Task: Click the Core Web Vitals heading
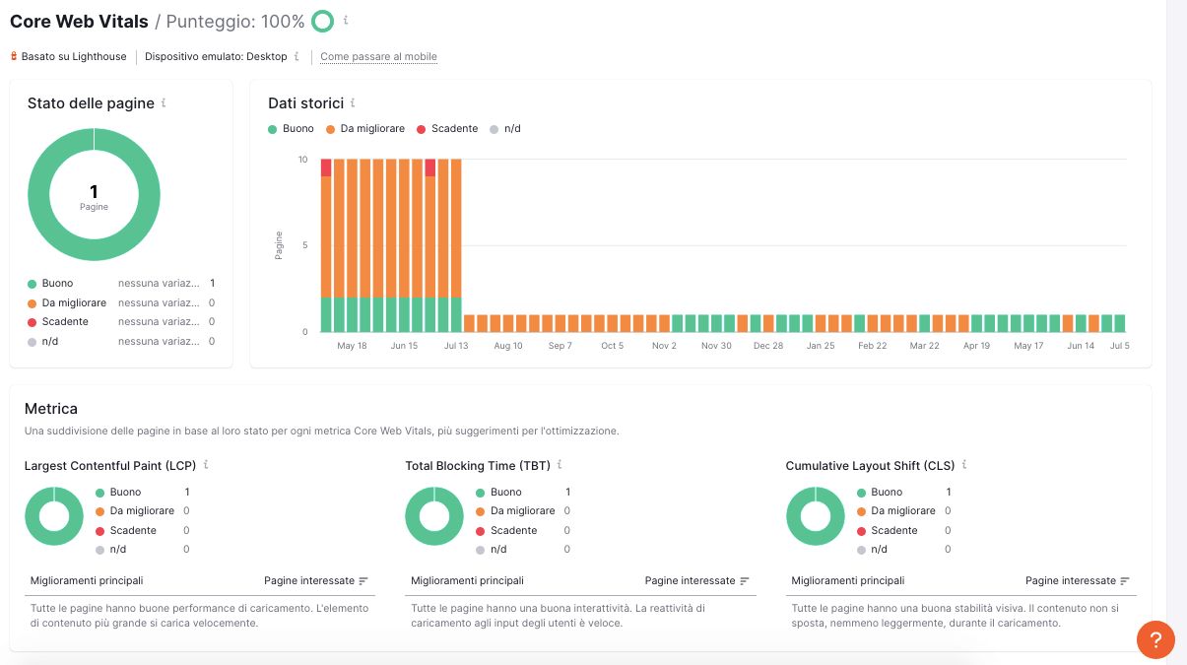79,21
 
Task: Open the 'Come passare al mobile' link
378,57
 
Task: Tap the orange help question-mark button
1155,639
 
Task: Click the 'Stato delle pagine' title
91,103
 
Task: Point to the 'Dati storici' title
306,103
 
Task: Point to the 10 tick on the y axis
301,160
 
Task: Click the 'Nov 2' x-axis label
664,346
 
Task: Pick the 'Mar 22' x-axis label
924,346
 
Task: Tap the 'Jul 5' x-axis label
1119,346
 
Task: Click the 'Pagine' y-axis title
279,245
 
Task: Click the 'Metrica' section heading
51,408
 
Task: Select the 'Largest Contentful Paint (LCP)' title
110,465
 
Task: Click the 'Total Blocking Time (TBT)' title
478,465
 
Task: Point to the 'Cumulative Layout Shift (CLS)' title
871,465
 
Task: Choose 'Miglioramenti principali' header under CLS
847,581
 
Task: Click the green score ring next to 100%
322,21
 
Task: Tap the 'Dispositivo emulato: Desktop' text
216,57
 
